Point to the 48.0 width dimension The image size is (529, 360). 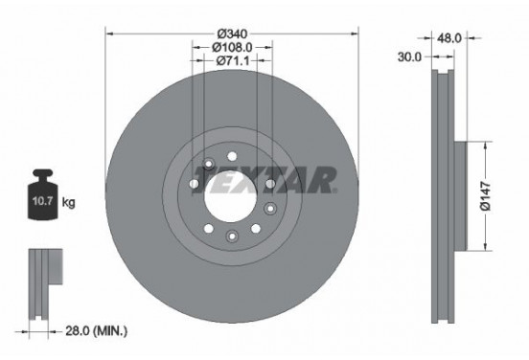[450, 38]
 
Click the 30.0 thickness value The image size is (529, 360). [410, 56]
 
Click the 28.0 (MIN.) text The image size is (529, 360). [95, 330]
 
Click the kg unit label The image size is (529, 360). [68, 204]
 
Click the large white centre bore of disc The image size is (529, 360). [231, 194]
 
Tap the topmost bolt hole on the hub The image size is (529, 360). [231, 156]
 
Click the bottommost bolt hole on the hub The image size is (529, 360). [231, 236]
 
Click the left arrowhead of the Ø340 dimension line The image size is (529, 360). [108, 32]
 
